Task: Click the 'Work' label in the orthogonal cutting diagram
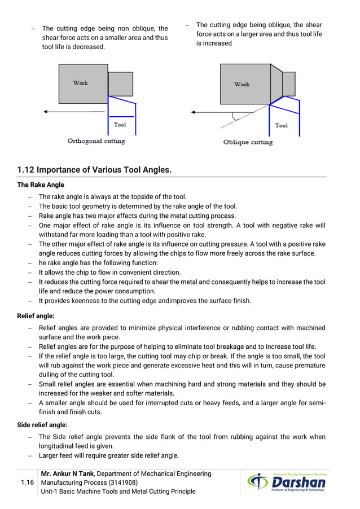(81, 83)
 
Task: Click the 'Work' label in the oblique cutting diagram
(242, 84)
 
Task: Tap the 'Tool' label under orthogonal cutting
(120, 125)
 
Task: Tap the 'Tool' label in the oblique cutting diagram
(281, 125)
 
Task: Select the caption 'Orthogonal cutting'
(96, 141)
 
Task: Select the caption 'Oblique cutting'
(248, 142)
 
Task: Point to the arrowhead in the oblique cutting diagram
(195, 112)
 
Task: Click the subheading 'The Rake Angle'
(41, 185)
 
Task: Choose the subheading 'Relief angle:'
(36, 315)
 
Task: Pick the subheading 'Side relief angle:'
(42, 424)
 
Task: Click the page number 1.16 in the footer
(27, 483)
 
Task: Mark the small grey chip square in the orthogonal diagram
(120, 84)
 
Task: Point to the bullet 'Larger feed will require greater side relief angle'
(108, 455)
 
